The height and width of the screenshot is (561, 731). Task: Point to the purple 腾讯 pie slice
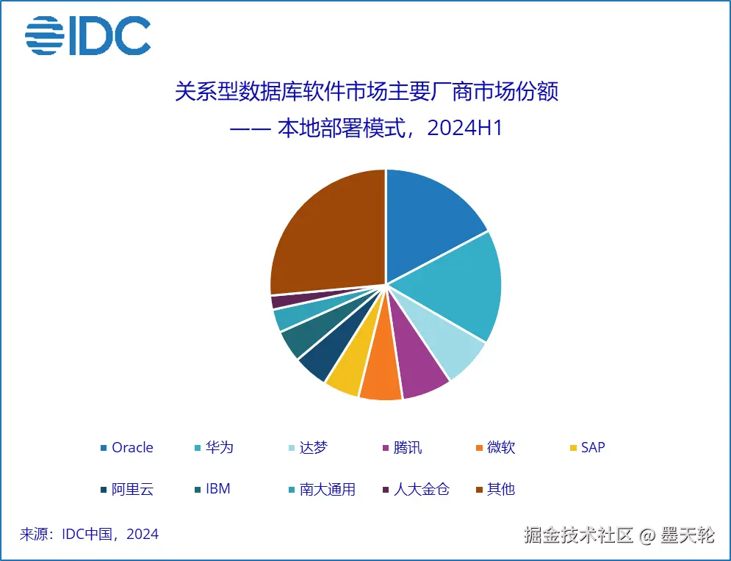click(x=419, y=371)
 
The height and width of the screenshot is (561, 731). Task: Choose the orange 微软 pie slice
click(x=382, y=378)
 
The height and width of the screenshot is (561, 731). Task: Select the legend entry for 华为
click(x=219, y=447)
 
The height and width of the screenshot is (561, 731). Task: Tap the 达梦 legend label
click(x=313, y=447)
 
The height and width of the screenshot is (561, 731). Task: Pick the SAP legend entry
click(x=592, y=447)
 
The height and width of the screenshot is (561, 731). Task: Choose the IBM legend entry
click(x=217, y=489)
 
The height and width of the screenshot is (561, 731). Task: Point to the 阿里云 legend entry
click(x=132, y=489)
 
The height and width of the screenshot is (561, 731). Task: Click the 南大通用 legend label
click(x=327, y=489)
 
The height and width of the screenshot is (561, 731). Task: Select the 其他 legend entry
click(x=500, y=489)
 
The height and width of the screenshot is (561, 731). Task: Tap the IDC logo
click(x=88, y=35)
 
